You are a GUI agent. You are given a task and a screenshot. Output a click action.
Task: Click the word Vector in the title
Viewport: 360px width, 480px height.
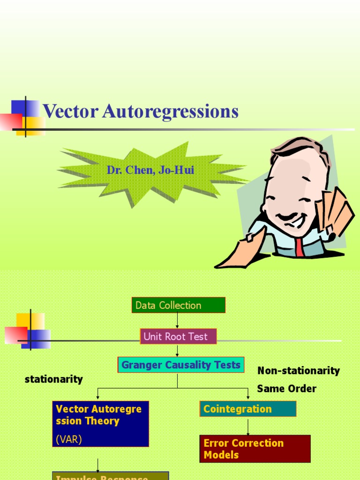pyautogui.click(x=70, y=112)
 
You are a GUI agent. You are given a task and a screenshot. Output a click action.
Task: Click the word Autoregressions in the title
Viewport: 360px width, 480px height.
pyautogui.click(x=170, y=112)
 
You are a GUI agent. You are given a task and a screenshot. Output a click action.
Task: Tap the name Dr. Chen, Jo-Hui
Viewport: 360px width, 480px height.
pyautogui.click(x=150, y=170)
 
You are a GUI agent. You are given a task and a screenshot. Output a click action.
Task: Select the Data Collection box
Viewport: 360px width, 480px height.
pyautogui.click(x=178, y=305)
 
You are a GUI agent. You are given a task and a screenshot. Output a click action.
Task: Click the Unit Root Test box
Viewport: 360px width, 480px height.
pyautogui.click(x=178, y=337)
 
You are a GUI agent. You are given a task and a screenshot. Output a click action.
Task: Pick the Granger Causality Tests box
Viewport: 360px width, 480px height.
pyautogui.click(x=180, y=365)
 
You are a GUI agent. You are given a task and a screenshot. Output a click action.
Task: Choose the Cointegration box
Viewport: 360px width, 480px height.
pyautogui.click(x=247, y=409)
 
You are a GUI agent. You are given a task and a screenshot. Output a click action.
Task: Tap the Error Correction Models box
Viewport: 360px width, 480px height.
pyautogui.click(x=255, y=449)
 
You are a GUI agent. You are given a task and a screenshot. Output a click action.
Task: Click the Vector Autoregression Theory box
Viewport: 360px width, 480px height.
pyautogui.click(x=100, y=415)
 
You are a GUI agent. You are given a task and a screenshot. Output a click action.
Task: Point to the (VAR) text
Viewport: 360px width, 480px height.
pyautogui.click(x=69, y=439)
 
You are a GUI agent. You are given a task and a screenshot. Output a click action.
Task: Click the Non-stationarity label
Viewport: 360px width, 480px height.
pyautogui.click(x=298, y=371)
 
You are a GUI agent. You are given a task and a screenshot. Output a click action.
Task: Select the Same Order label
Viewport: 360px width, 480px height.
pyautogui.click(x=286, y=389)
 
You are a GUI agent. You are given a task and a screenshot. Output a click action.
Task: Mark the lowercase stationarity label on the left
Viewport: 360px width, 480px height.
pyautogui.click(x=53, y=379)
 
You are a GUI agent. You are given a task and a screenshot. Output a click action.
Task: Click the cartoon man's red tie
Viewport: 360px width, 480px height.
pyautogui.click(x=299, y=246)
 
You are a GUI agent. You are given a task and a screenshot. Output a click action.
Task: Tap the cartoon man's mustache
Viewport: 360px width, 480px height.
pyautogui.click(x=286, y=217)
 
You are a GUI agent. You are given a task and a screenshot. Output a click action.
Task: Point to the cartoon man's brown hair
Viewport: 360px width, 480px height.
pyautogui.click(x=300, y=145)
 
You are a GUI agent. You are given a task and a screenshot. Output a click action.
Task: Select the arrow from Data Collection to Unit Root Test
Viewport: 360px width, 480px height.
pyautogui.click(x=178, y=321)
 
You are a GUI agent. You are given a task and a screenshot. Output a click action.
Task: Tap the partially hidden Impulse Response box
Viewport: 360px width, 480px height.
pyautogui.click(x=110, y=476)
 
